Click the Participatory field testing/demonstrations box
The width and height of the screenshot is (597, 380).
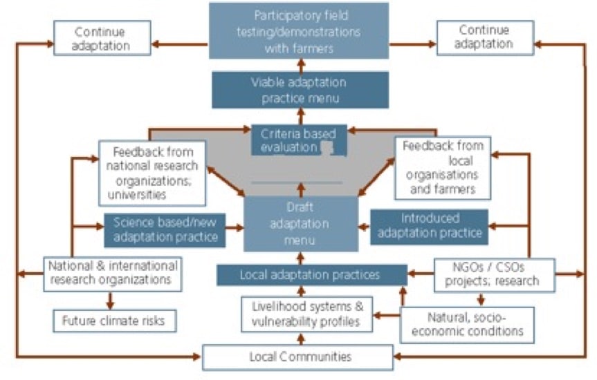[299, 32]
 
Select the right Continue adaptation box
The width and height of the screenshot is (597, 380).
[484, 37]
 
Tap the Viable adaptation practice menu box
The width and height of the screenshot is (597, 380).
[299, 91]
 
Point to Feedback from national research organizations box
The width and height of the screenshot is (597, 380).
[151, 173]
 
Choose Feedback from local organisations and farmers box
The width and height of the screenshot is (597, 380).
[443, 167]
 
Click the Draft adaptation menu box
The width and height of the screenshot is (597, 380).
[300, 223]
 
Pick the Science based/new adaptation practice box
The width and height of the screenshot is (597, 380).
[165, 230]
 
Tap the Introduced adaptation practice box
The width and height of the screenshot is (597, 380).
[429, 227]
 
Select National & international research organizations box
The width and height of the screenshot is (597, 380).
[112, 274]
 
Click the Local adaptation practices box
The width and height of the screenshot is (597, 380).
[311, 275]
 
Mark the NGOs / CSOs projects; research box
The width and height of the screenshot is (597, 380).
[494, 274]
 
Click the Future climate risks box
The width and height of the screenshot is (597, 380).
[114, 321]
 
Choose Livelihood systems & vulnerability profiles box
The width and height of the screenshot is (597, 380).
[306, 314]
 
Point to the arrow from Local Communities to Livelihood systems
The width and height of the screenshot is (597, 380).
[300, 339]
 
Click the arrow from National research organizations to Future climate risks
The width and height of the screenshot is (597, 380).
[109, 300]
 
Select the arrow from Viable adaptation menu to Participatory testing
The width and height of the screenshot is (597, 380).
[300, 66]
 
